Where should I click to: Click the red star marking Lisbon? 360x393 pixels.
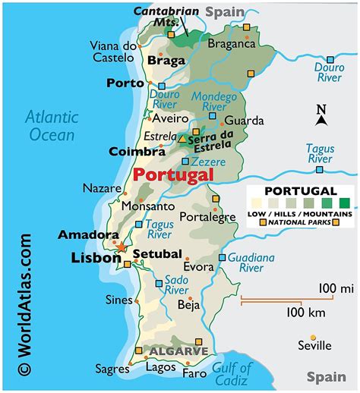(121, 247)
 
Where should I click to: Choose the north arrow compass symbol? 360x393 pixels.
(322, 115)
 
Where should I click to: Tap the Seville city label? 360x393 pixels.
(314, 345)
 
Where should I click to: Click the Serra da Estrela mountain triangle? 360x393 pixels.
(182, 140)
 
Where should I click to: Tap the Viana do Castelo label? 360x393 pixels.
(114, 51)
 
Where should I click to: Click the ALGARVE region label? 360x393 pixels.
(178, 352)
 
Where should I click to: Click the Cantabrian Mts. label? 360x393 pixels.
(166, 17)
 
